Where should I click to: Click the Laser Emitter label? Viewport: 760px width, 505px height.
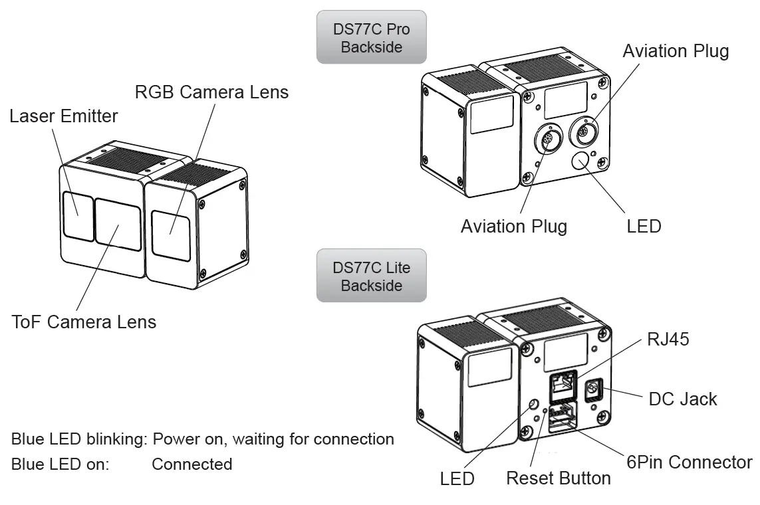[63, 116]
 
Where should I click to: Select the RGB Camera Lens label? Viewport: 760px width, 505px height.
[211, 92]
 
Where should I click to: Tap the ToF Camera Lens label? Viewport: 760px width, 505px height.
[84, 322]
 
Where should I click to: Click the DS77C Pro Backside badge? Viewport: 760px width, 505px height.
[371, 37]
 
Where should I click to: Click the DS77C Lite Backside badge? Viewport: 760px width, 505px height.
[371, 276]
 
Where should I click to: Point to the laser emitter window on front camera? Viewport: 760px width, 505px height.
[78, 215]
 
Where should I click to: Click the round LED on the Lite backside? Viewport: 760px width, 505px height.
[533, 405]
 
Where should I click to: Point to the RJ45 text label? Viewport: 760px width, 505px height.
[668, 340]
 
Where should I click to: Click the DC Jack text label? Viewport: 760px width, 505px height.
[682, 399]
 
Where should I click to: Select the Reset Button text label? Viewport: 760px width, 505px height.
[558, 478]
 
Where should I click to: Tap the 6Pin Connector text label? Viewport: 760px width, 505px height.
[689, 462]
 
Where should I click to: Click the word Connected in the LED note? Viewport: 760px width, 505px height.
[191, 464]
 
